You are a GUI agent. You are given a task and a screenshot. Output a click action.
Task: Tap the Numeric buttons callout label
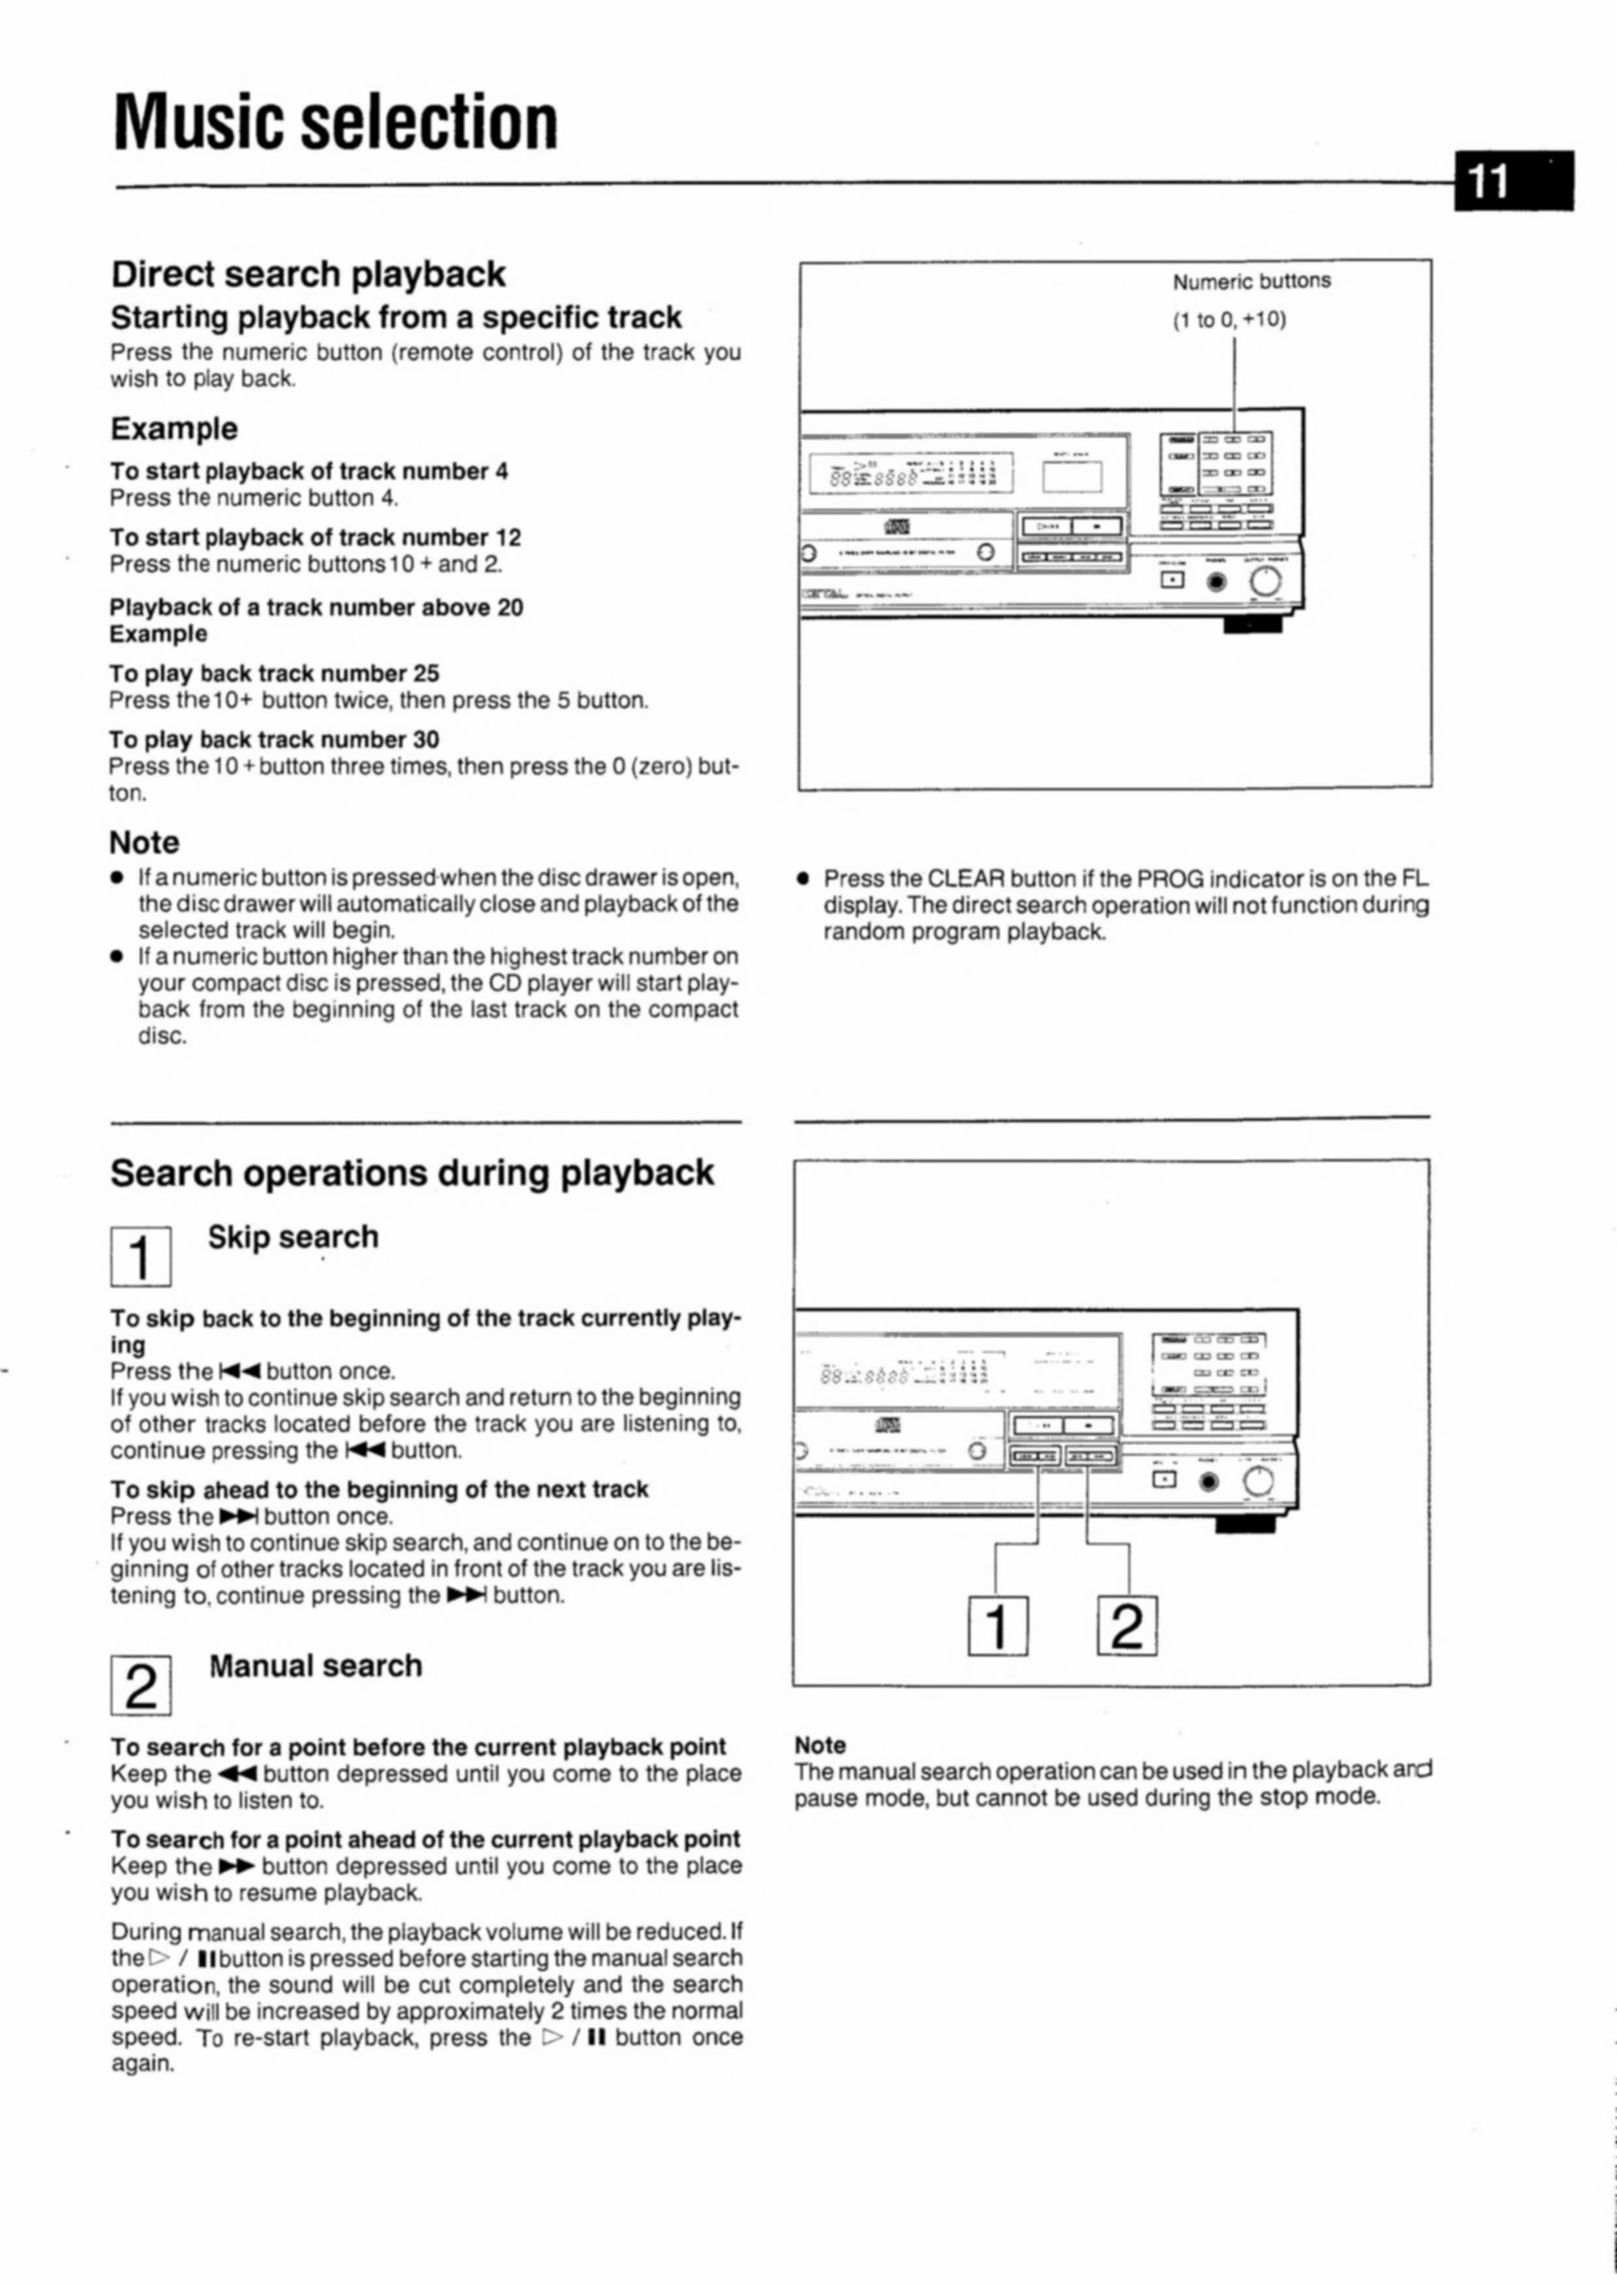(x=1251, y=282)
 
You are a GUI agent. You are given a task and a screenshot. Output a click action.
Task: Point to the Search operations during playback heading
(x=411, y=1173)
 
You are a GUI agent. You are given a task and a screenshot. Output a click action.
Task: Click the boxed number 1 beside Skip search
(x=140, y=1257)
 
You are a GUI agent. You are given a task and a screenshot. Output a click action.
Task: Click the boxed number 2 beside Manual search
(x=140, y=1686)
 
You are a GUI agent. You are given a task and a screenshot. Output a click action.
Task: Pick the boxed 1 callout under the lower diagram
(x=998, y=1626)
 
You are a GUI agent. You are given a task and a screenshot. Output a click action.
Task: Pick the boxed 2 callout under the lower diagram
(x=1127, y=1626)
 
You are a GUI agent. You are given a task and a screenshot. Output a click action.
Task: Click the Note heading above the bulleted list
(x=145, y=842)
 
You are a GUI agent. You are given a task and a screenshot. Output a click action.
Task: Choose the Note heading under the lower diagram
(x=819, y=1746)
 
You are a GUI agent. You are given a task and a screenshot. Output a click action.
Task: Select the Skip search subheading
(x=293, y=1237)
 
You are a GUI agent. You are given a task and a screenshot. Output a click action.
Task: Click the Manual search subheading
(x=315, y=1665)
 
